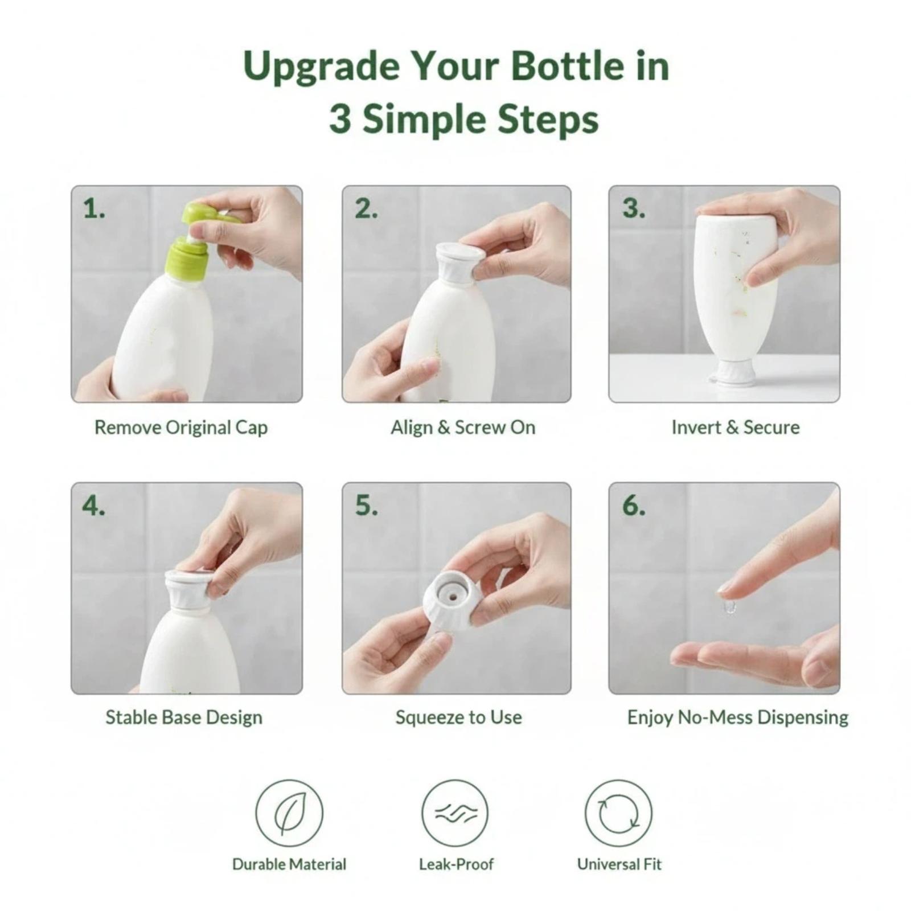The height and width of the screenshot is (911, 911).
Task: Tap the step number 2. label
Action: tap(366, 209)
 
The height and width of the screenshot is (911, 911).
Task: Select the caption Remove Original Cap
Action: tap(181, 428)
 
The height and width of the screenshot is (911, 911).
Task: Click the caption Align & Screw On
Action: tap(463, 428)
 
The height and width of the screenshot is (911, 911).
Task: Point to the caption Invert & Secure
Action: tap(736, 427)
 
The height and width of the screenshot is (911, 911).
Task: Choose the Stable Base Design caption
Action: tap(184, 717)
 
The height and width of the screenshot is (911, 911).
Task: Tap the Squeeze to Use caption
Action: tap(459, 717)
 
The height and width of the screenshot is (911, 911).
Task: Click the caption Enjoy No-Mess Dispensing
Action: tap(738, 717)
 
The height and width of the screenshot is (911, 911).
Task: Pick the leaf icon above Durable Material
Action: tap(289, 813)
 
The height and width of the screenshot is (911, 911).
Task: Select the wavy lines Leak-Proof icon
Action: tap(455, 813)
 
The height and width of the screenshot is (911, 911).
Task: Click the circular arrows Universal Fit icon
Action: tap(618, 813)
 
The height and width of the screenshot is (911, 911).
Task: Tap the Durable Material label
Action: tap(289, 864)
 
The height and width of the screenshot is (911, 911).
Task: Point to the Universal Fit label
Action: tap(619, 864)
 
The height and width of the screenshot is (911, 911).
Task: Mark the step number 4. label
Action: tap(94, 506)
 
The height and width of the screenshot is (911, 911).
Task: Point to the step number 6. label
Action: tap(634, 506)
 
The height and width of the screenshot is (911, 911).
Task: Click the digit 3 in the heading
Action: tap(340, 120)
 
